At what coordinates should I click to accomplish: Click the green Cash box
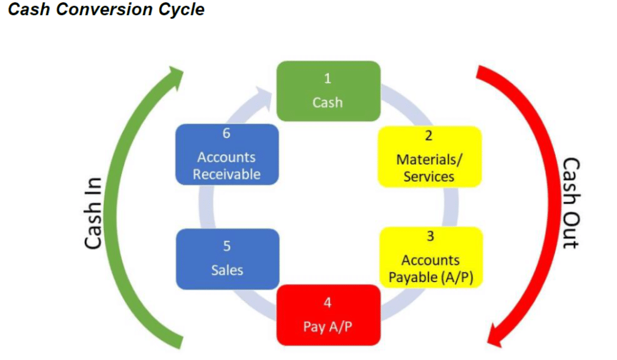328,91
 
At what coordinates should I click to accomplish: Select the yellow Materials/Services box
429,156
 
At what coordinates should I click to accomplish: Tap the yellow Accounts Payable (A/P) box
430,257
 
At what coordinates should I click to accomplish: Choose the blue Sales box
227,259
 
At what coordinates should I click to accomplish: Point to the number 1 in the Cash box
328,78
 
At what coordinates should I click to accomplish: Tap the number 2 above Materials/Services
429,136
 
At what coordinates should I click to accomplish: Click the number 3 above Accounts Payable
430,236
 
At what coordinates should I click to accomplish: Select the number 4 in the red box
328,302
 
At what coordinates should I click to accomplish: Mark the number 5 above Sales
227,247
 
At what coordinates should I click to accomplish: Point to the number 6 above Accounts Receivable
227,133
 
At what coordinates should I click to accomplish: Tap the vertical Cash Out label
570,203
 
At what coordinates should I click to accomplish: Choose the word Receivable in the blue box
227,174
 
